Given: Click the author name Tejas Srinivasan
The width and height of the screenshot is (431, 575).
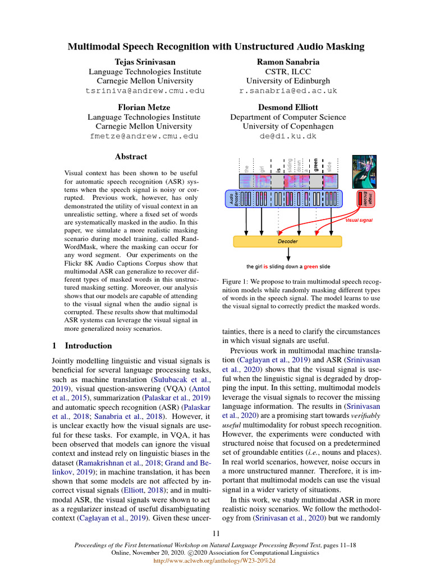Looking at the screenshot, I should tap(145, 61).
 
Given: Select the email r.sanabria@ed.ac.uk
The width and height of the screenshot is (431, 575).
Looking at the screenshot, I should tap(288, 90).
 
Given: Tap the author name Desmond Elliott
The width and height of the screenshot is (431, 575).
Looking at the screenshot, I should tap(288, 107).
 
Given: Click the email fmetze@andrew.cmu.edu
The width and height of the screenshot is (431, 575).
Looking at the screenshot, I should tap(145, 136).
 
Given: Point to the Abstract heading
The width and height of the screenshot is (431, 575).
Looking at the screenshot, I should tap(131, 157).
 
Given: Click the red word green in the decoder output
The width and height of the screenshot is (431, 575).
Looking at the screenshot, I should tap(311, 266).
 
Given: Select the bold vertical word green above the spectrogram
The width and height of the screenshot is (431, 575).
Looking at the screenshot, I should tap(315, 166).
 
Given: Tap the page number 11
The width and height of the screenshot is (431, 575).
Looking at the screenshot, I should tap(215, 533).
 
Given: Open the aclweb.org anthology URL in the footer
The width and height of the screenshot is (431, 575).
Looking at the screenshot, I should tap(215, 560).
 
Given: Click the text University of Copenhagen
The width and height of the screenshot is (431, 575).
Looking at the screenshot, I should tap(288, 127).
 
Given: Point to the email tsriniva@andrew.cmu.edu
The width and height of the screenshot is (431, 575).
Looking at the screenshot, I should tap(145, 90).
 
